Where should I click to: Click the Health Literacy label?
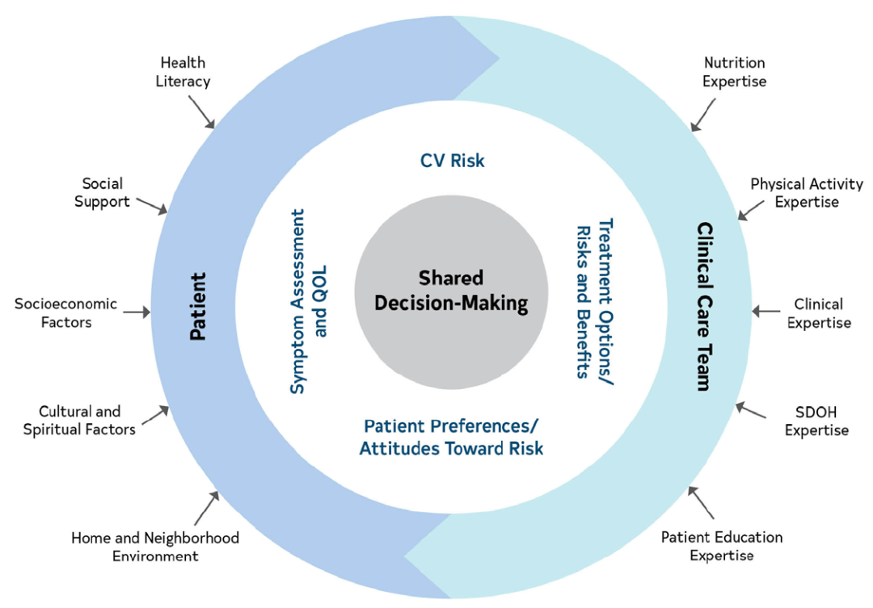click(183, 72)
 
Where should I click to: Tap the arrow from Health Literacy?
click(201, 111)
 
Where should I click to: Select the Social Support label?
click(102, 192)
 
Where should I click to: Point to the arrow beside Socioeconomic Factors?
click(137, 312)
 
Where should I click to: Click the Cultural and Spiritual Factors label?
click(79, 420)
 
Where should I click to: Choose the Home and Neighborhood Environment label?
click(155, 547)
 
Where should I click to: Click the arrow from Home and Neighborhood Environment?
click(207, 508)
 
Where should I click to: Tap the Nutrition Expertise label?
click(734, 72)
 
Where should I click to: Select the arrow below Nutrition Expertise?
click(702, 115)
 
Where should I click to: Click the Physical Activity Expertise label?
click(807, 192)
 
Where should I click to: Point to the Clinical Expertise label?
click(819, 313)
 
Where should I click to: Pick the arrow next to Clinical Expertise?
click(766, 312)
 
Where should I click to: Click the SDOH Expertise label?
click(816, 421)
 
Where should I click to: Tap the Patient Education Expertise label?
click(722, 546)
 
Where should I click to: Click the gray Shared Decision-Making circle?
click(452, 291)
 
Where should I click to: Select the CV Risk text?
click(452, 161)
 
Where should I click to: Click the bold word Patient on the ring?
click(198, 307)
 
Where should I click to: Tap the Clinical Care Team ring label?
click(705, 307)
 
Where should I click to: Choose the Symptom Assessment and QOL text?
click(309, 301)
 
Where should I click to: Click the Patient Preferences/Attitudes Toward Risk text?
click(451, 437)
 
